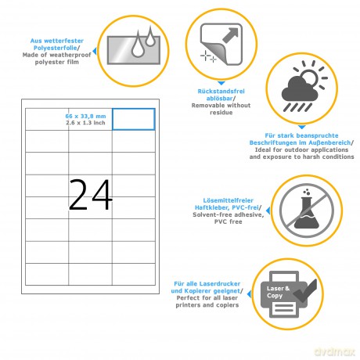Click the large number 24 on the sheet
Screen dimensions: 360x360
tap(91, 194)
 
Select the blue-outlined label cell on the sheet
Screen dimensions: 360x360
tap(134, 119)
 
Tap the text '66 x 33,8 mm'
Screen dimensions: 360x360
tap(85, 116)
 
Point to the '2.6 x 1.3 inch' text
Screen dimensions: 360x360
tap(85, 123)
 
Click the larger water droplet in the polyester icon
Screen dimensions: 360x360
tap(137, 45)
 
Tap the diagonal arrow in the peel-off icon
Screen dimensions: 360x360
tap(230, 35)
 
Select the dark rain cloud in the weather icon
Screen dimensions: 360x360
tap(299, 88)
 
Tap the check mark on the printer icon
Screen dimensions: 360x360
tap(305, 290)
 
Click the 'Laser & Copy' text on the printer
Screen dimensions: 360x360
tap(278, 292)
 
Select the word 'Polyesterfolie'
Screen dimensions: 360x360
tap(56, 48)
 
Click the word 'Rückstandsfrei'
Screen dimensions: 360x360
tap(221, 92)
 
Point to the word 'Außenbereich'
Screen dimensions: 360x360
tap(329, 142)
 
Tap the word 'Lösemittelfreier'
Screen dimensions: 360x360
tap(229, 200)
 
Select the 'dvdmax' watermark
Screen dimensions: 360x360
tap(334, 351)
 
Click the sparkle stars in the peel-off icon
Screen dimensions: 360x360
tap(208, 56)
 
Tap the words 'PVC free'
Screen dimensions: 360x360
tap(229, 221)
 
